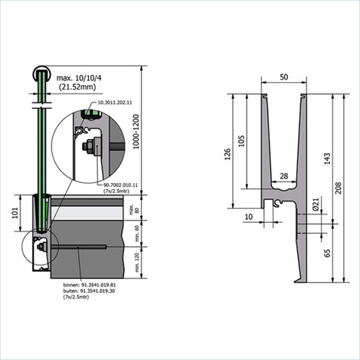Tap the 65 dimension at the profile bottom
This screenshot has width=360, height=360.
coord(327,253)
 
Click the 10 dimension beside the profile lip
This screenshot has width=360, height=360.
coord(248,217)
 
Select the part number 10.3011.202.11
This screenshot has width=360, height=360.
coord(114,102)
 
